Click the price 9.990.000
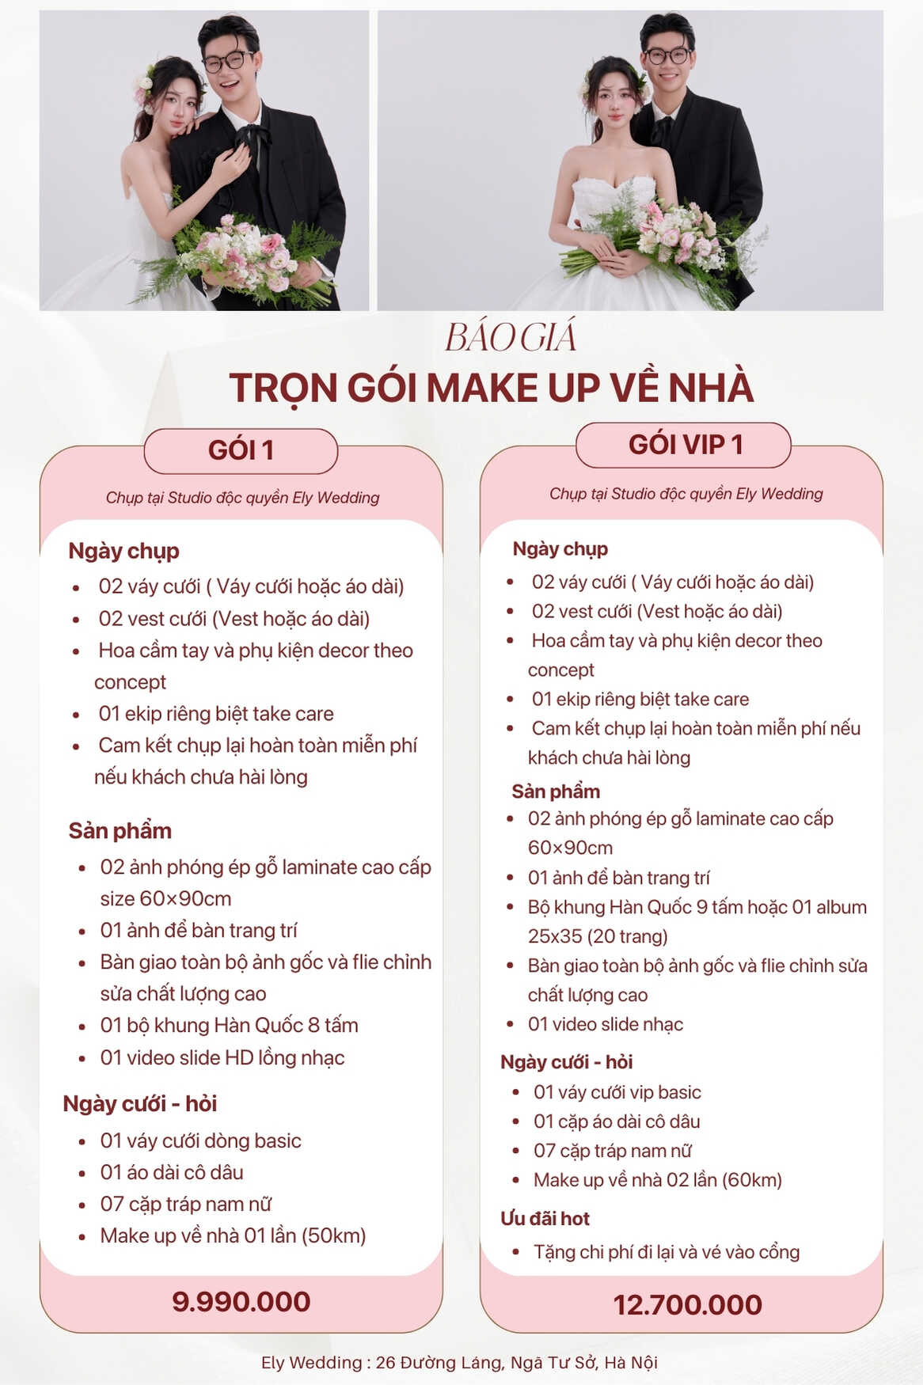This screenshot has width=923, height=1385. (241, 1302)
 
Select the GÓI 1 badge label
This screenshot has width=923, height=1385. (241, 450)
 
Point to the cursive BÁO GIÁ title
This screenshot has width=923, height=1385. (511, 338)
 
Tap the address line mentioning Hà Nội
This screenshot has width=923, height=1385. (459, 1363)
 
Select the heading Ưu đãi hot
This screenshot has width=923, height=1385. (545, 1219)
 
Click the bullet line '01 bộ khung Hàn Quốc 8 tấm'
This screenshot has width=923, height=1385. (229, 1026)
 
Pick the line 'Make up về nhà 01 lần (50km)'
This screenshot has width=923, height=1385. (233, 1236)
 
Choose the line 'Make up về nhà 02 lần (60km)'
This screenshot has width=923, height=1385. (657, 1180)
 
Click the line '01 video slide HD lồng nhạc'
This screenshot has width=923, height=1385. (222, 1058)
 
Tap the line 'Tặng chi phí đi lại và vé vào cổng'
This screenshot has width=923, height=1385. (666, 1252)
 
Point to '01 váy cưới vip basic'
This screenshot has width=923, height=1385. (617, 1092)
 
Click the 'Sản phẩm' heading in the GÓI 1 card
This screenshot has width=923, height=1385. (120, 831)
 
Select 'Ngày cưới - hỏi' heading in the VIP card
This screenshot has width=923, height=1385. (566, 1062)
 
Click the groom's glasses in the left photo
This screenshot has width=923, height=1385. (229, 61)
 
